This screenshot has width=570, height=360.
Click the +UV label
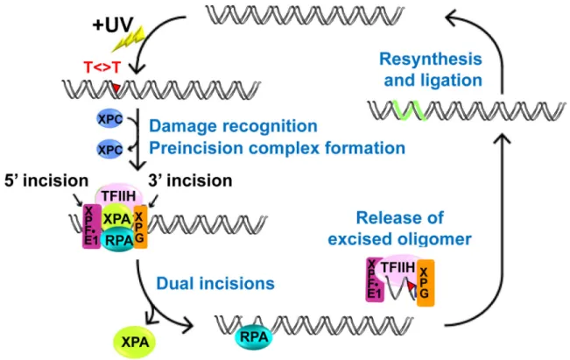tap(113, 25)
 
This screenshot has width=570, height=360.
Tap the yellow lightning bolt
tap(129, 39)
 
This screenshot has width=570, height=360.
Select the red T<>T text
tap(102, 67)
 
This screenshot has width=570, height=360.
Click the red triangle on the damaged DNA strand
tap(116, 88)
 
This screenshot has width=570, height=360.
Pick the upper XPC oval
tap(109, 119)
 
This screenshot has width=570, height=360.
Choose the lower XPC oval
tap(109, 150)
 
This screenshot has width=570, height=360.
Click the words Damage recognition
tap(233, 126)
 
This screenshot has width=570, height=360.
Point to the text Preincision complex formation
tap(277, 148)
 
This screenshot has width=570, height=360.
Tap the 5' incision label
tap(46, 180)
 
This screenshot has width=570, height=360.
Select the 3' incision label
tap(190, 180)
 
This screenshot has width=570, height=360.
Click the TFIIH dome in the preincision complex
tap(119, 194)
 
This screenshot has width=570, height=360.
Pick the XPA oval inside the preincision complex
tap(116, 219)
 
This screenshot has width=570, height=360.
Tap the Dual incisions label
tap(215, 284)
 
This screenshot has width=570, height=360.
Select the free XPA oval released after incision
tap(135, 342)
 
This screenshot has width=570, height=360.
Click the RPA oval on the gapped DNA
tap(254, 337)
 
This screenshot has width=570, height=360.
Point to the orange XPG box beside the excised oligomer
tap(426, 283)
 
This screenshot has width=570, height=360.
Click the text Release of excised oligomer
tap(399, 229)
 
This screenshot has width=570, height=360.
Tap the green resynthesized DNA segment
tap(409, 109)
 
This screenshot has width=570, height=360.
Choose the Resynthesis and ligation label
tap(431, 69)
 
